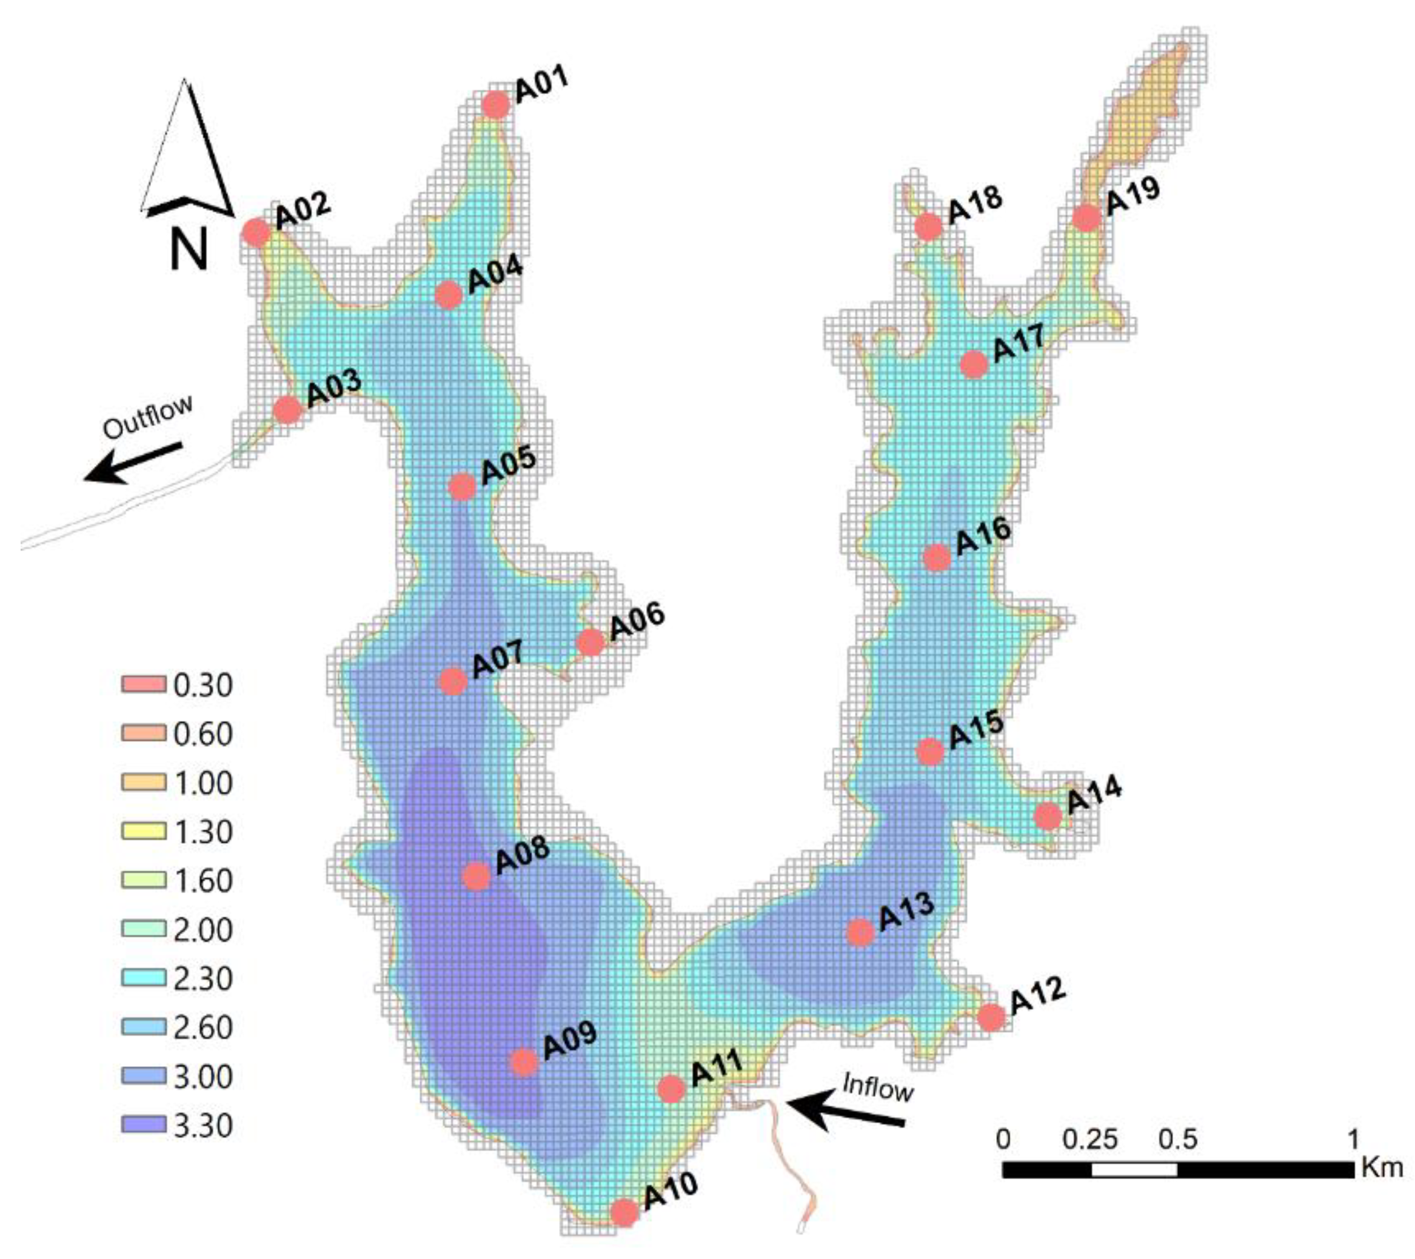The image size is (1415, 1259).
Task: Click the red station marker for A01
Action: tap(496, 105)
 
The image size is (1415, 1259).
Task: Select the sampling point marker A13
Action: tap(860, 933)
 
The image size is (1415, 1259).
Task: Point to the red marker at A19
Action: tap(1086, 218)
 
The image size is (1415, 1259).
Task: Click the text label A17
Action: tap(1019, 343)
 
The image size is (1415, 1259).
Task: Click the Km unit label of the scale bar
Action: tap(1382, 1167)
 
